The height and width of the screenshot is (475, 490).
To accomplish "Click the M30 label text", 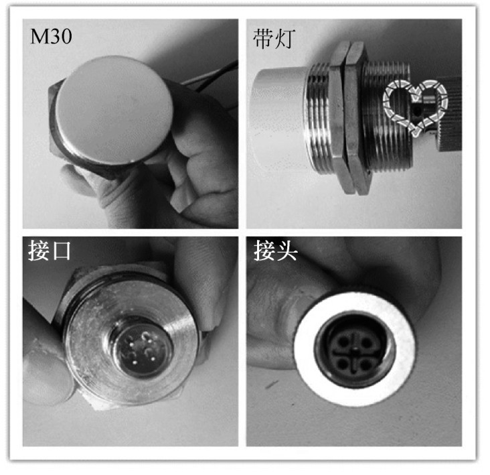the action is click(51, 36).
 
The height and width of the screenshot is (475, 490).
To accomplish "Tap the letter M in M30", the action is click(37, 36).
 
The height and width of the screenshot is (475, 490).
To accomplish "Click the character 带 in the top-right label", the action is click(263, 39).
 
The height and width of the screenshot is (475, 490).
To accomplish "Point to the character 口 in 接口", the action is click(60, 251).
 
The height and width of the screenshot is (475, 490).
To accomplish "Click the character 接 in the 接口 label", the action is click(39, 251).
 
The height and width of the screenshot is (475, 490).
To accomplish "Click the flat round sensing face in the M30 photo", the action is click(114, 109).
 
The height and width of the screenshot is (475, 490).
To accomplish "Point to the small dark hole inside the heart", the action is click(416, 111).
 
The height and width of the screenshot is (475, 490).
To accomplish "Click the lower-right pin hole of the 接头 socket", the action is click(365, 364).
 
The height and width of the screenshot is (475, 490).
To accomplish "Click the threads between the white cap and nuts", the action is click(318, 119).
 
